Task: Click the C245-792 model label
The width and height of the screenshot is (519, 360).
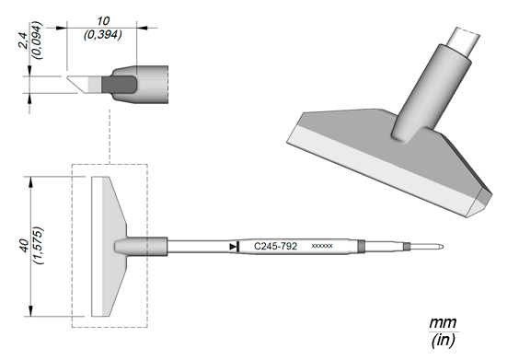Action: tap(275, 246)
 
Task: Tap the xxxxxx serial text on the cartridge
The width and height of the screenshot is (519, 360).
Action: tap(322, 246)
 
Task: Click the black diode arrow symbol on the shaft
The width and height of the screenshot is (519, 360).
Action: tap(235, 247)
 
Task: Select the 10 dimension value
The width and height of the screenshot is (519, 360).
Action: tap(103, 21)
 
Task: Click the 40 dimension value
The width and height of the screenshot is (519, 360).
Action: tap(25, 246)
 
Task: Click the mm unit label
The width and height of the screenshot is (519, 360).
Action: tap(443, 323)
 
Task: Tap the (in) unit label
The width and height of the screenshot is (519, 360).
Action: tap(443, 340)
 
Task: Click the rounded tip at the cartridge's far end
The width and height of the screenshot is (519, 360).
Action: tap(441, 247)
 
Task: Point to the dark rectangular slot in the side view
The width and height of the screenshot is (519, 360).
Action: tap(119, 85)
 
